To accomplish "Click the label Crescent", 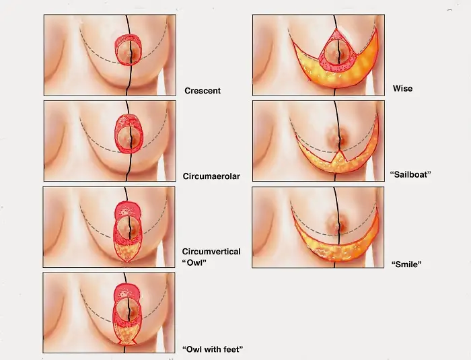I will click(202, 90).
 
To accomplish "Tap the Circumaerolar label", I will click(211, 176).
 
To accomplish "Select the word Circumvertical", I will click(211, 252).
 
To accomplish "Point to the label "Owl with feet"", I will click(213, 349).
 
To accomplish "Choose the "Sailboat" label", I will click(410, 174).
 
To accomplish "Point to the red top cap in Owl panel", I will click(126, 209).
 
